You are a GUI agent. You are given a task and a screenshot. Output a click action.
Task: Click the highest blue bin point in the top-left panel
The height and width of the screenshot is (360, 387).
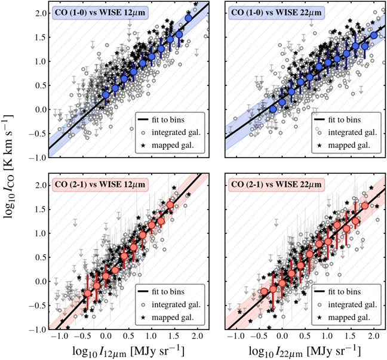pyautogui.click(x=189, y=18)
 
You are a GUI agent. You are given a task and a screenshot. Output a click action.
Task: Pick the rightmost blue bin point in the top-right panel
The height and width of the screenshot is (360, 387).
pyautogui.click(x=374, y=35)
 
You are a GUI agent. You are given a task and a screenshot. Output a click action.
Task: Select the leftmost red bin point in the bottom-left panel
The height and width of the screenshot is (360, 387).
pyautogui.click(x=88, y=293)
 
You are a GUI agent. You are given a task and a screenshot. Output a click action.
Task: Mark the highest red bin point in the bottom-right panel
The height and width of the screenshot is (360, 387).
pyautogui.click(x=364, y=206)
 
